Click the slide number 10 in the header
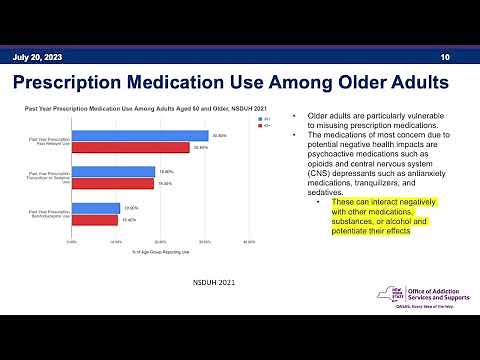445,57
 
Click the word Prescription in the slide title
103,81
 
